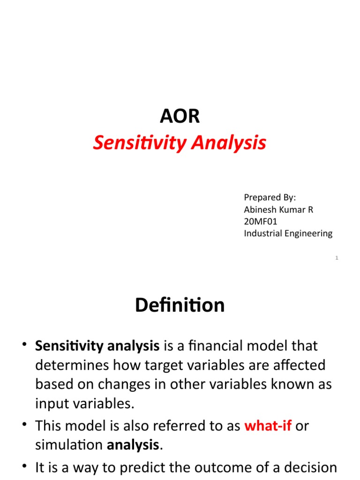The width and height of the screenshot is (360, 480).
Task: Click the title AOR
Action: [180, 117]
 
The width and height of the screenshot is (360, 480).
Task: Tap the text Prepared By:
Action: [270, 197]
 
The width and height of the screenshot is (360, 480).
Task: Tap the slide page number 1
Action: [337, 258]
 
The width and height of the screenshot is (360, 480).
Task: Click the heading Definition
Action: [180, 306]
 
